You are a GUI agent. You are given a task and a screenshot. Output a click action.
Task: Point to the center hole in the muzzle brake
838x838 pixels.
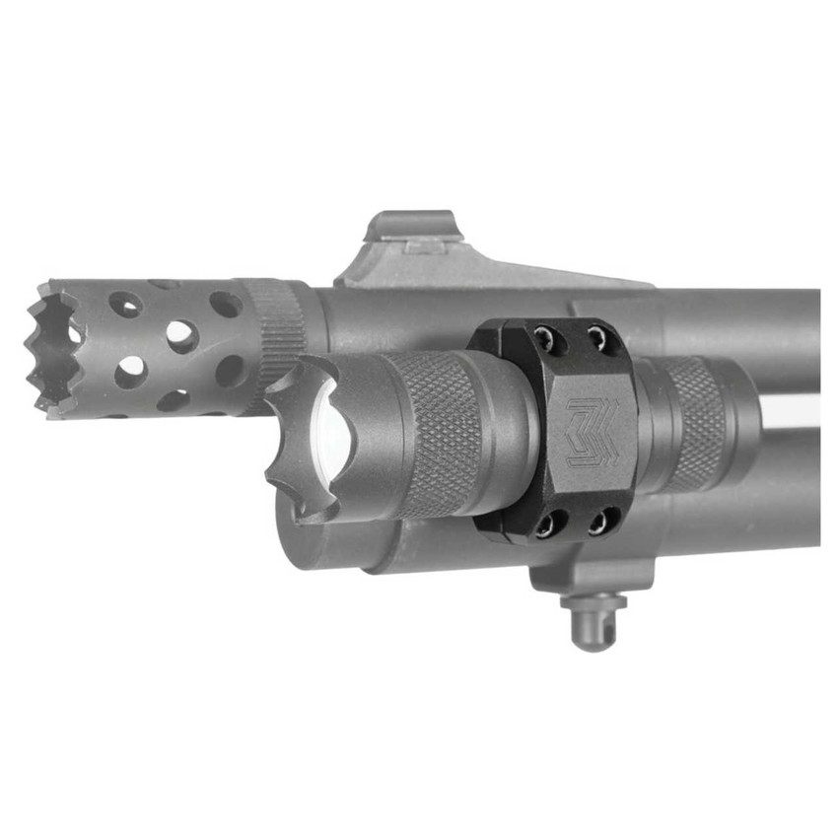pyautogui.click(x=180, y=336)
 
